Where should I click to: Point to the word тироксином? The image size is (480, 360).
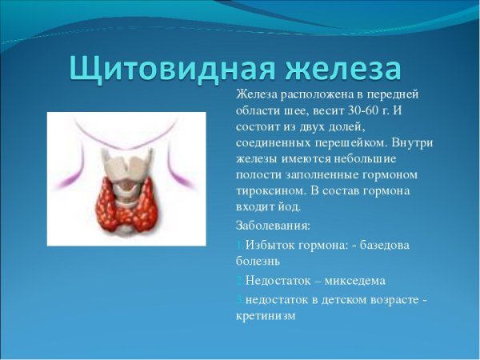pyautogui.click(x=269, y=190)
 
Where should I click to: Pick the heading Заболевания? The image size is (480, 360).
pyautogui.click(x=273, y=226)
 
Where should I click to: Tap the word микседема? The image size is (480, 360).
pyautogui.click(x=349, y=280)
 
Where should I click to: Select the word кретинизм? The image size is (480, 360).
pyautogui.click(x=266, y=315)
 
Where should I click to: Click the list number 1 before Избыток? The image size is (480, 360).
pyautogui.click(x=239, y=244)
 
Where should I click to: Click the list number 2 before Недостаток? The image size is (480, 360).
pyautogui.click(x=239, y=280)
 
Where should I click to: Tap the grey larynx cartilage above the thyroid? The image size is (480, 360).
pyautogui.click(x=126, y=164)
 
